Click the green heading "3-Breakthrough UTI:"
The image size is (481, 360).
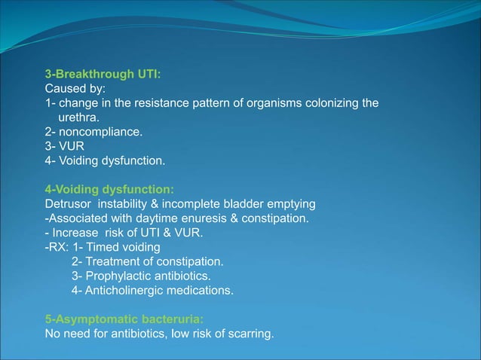pos(103,75)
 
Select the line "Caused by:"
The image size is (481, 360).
pos(75,89)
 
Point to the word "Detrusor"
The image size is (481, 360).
pos(69,204)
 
